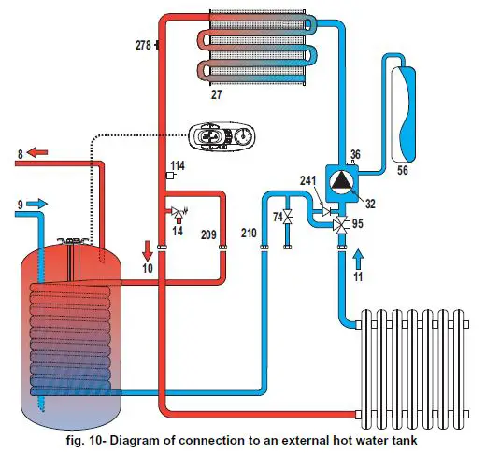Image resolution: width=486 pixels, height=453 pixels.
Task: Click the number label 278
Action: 141,44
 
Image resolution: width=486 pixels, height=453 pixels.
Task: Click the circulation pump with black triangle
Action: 343,180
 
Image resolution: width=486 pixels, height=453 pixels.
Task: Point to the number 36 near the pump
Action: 354,155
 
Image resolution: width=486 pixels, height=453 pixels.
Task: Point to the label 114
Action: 179,165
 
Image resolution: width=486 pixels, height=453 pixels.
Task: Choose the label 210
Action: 248,230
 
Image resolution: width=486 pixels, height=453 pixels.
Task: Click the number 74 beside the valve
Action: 277,217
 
